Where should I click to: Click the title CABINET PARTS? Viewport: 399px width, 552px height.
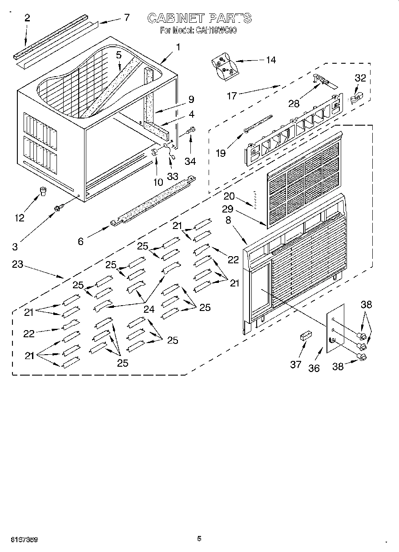pos(199,18)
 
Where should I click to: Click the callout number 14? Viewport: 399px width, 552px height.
pos(270,60)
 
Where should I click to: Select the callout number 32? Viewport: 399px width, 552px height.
pos(360,78)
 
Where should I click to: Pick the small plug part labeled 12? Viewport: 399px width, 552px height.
pos(43,192)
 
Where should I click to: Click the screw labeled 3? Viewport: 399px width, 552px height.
pos(58,208)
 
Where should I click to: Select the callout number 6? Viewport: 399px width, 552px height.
pos(81,241)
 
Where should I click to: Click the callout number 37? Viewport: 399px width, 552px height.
pos(296,364)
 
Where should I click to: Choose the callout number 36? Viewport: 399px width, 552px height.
pos(314,368)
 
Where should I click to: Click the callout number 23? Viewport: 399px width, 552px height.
pos(17,264)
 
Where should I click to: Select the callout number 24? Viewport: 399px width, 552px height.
pos(149,309)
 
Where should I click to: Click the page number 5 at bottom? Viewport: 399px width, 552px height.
pos(199,539)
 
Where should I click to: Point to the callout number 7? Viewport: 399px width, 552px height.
pos(127,17)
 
